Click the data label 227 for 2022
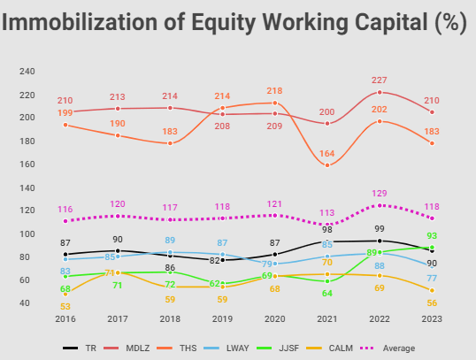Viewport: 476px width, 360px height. click(x=380, y=79)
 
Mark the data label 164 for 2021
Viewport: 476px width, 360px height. click(x=327, y=154)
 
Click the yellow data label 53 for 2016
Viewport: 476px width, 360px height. click(x=65, y=306)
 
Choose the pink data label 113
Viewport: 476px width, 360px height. click(x=327, y=212)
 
